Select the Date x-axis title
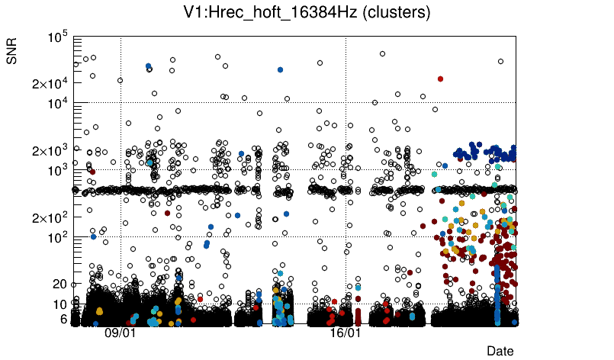click(x=500, y=351)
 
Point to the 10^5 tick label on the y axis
click(x=57, y=37)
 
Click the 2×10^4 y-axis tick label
click(x=48, y=83)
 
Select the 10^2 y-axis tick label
click(x=57, y=238)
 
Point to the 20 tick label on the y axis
click(x=60, y=284)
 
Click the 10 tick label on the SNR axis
click(x=61, y=304)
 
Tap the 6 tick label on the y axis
click(x=64, y=319)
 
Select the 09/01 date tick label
click(x=120, y=333)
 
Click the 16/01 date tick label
click(x=345, y=333)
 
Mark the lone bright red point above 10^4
click(x=440, y=79)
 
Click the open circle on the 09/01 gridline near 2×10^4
click(x=120, y=80)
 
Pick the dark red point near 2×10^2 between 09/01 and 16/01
click(x=167, y=213)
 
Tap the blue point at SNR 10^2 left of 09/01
click(x=93, y=236)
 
